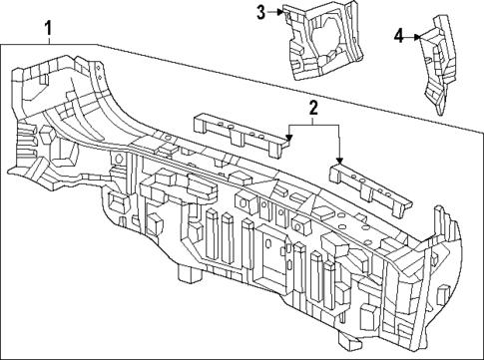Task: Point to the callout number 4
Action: [x=399, y=36]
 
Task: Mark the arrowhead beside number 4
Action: [x=417, y=37]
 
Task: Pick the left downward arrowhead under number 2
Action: [x=287, y=136]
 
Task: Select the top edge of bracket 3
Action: [x=319, y=7]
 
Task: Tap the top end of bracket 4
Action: [x=440, y=17]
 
